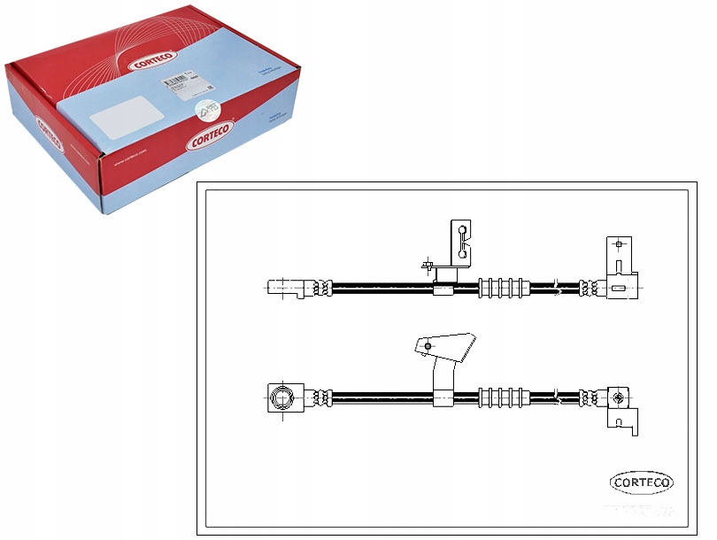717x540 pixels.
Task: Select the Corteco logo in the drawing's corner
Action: point(642,482)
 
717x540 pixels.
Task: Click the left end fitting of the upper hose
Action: point(289,287)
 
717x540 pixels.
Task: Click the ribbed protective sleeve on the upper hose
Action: point(504,287)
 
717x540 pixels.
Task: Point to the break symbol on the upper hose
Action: point(554,287)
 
